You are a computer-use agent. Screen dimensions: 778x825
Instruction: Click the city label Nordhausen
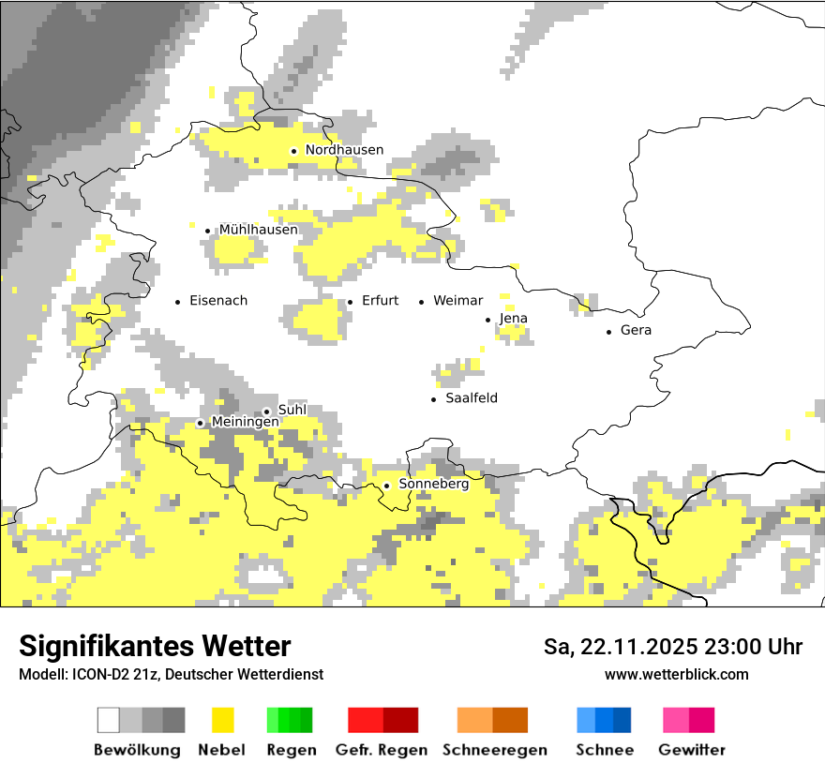pyautogui.click(x=344, y=150)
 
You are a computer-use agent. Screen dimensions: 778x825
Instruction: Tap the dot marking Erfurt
pyautogui.click(x=350, y=302)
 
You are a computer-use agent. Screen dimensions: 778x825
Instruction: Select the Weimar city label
pyautogui.click(x=457, y=301)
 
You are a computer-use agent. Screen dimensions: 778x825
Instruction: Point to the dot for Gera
pyautogui.click(x=608, y=331)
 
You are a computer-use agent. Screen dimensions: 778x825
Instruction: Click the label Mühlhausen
pyautogui.click(x=258, y=230)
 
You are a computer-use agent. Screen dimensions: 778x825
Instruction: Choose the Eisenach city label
pyautogui.click(x=217, y=301)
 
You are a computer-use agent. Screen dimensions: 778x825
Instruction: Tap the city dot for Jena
pyautogui.click(x=487, y=320)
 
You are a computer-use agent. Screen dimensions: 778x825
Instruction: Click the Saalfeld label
pyautogui.click(x=471, y=398)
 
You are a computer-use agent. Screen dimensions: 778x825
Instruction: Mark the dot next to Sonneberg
pyautogui.click(x=386, y=486)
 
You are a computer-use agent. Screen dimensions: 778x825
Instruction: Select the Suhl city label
pyautogui.click(x=292, y=410)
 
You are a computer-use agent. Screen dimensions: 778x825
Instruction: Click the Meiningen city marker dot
pyautogui.click(x=200, y=423)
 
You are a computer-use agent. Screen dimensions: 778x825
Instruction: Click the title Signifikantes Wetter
pyautogui.click(x=155, y=646)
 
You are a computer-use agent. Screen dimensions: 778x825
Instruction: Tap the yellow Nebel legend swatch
pyautogui.click(x=222, y=720)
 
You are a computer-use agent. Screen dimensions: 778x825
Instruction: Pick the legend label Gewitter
pyautogui.click(x=691, y=750)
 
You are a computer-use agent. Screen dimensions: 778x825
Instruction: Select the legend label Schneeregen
pyautogui.click(x=494, y=750)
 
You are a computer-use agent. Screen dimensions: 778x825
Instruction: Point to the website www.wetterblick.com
pyautogui.click(x=676, y=674)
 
